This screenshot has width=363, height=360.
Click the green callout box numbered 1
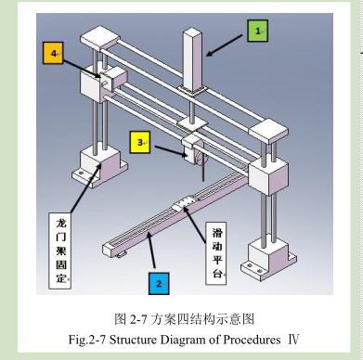(257, 32)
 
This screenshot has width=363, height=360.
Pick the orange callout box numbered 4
(54, 55)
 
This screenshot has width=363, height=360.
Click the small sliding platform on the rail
(187, 202)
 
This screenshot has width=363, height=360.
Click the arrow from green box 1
(227, 43)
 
